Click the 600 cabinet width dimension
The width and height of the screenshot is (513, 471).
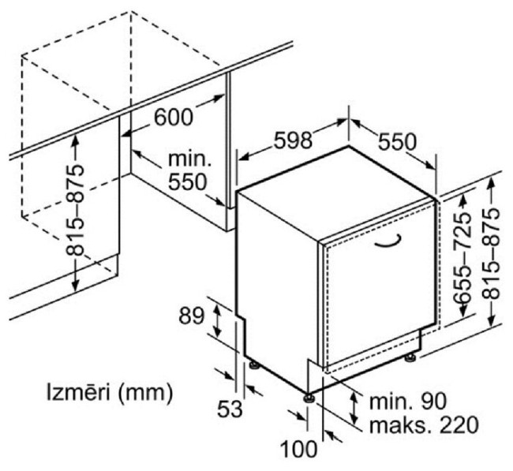tap(174, 117)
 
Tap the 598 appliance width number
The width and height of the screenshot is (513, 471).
tap(293, 140)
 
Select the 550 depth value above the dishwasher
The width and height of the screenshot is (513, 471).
tap(398, 142)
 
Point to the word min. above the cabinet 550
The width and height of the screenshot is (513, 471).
tap(189, 160)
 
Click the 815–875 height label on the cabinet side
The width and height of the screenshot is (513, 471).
tap(75, 211)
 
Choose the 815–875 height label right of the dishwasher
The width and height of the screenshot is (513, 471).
tap(491, 254)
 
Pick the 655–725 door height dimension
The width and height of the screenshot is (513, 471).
tap(462, 257)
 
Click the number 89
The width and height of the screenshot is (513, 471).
tap(192, 316)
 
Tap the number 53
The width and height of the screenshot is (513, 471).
tap(230, 409)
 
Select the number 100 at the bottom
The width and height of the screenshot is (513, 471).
tap(299, 448)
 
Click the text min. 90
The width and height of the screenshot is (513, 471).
tap(408, 401)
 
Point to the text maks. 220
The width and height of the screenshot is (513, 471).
tap(424, 424)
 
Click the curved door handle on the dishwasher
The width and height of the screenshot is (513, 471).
tap(388, 241)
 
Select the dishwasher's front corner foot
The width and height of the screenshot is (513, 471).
tap(309, 398)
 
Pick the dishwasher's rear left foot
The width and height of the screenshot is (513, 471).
tap(254, 365)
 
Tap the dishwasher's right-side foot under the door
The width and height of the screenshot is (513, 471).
tap(410, 358)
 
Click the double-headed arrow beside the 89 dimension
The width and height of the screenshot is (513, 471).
tap(216, 320)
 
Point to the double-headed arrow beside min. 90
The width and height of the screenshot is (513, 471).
tap(354, 408)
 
